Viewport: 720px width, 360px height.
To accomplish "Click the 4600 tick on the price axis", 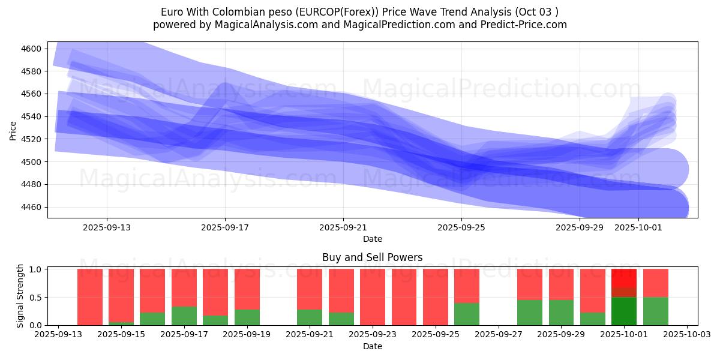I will [32, 49].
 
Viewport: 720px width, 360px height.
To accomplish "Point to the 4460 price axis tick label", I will [32, 207].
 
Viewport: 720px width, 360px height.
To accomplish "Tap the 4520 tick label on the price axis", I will [32, 139].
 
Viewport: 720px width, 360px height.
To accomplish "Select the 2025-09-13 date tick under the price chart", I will [107, 227].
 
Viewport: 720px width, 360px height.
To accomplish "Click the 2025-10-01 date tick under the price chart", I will [638, 227].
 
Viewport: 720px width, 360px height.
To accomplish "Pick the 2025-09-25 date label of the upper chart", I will [461, 227].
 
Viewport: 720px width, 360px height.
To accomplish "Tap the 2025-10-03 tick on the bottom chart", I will [688, 335].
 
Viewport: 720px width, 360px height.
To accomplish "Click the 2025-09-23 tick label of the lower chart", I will [373, 335].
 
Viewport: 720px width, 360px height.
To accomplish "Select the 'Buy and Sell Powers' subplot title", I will [372, 257].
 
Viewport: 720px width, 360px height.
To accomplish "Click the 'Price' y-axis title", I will [13, 130].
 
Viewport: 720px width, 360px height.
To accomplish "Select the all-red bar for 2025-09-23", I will [373, 297].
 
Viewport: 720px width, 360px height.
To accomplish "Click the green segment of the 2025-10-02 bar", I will [656, 311].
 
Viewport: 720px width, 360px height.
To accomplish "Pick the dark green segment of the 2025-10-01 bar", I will [624, 311].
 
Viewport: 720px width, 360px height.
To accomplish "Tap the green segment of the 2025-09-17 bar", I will [184, 316].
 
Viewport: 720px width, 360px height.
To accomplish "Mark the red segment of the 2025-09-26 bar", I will [467, 286].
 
